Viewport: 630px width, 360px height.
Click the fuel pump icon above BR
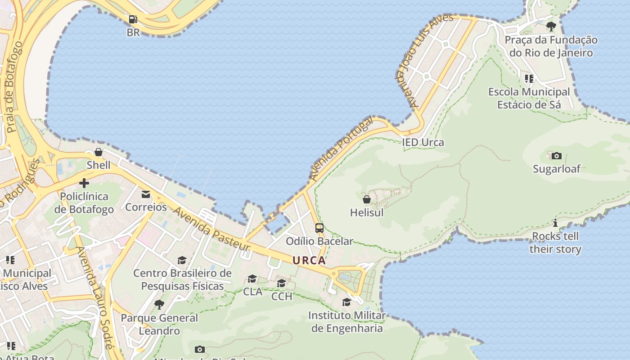(x=133, y=19)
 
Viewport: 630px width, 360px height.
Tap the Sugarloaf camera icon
(x=557, y=156)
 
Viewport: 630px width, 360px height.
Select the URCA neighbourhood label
(x=309, y=260)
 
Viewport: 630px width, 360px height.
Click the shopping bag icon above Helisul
(x=367, y=199)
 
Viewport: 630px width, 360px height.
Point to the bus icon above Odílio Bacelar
(x=319, y=228)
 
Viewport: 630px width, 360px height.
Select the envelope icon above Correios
(x=146, y=194)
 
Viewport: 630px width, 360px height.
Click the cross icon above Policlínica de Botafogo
(x=84, y=183)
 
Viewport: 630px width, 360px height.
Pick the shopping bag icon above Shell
(x=99, y=152)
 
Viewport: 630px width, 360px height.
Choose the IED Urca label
(x=423, y=143)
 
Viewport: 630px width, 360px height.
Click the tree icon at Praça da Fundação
(x=551, y=27)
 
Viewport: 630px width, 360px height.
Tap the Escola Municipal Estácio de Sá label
(x=529, y=98)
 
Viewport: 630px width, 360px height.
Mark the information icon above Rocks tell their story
(x=555, y=223)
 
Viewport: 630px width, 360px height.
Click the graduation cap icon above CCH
(x=282, y=283)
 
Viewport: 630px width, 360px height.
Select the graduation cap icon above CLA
(x=252, y=279)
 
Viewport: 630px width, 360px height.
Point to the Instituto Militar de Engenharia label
(x=347, y=322)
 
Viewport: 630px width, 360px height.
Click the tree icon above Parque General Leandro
(x=159, y=305)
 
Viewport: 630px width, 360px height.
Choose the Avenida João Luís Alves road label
(x=424, y=60)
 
